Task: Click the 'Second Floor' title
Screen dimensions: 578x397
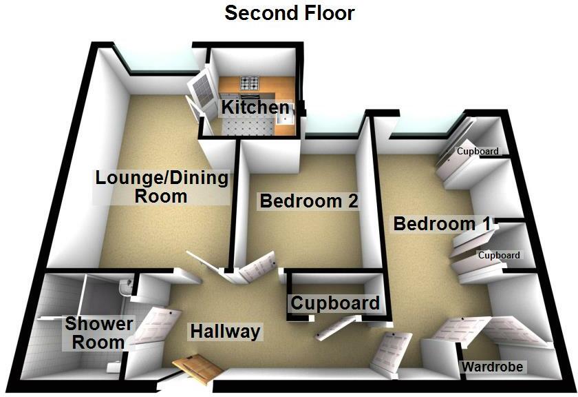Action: [x=290, y=12]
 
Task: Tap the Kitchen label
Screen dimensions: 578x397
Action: [x=255, y=108]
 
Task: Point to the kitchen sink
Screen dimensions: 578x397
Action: [x=284, y=122]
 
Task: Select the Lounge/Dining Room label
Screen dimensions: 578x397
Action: [x=161, y=186]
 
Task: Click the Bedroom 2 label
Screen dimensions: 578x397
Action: [x=309, y=201]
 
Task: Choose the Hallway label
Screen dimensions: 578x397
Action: [x=226, y=332]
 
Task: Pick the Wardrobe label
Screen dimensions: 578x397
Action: [x=492, y=367]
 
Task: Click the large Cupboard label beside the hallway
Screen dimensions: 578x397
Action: [x=335, y=303]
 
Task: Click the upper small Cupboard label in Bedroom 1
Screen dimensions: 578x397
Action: [x=478, y=151]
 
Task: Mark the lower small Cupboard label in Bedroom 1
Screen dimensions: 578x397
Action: [x=499, y=255]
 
